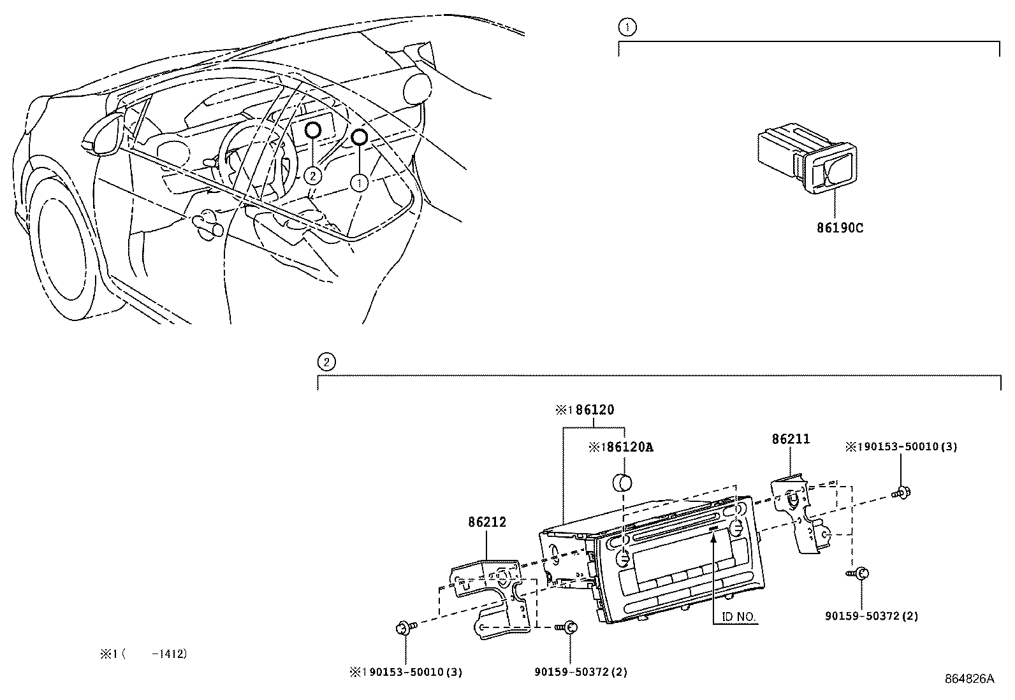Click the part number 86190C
click(x=840, y=228)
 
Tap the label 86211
click(x=791, y=439)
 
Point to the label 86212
click(x=486, y=522)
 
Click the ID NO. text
click(x=739, y=617)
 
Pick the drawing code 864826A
click(x=969, y=679)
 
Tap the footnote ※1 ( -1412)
click(x=143, y=654)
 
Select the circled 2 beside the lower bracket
click(x=326, y=362)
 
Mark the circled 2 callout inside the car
click(x=312, y=175)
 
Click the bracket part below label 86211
click(x=797, y=513)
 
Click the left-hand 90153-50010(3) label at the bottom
click(x=406, y=672)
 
